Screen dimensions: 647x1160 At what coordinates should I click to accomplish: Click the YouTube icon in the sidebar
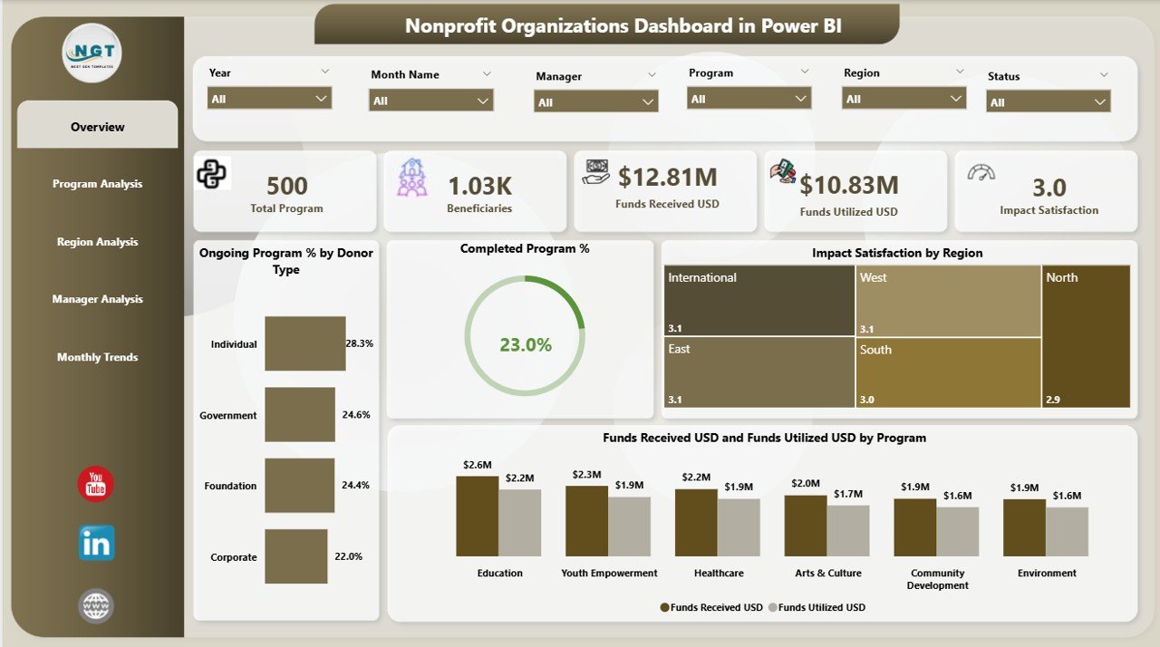coord(95,485)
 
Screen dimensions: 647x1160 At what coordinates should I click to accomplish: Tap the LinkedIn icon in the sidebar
coord(96,543)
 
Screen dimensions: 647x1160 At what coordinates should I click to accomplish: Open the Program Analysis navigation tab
coord(97,184)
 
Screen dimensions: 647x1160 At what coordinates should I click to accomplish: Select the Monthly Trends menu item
coord(97,357)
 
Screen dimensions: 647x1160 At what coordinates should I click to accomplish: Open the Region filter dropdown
coord(904,99)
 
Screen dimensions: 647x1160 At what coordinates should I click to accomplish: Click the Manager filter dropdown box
coord(596,102)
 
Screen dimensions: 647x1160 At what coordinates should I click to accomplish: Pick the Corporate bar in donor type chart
coord(295,556)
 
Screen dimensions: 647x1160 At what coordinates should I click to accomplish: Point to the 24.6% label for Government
coord(355,415)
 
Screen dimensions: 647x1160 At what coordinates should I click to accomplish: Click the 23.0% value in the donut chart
coord(525,344)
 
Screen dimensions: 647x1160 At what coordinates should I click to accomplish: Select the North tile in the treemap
coord(1086,336)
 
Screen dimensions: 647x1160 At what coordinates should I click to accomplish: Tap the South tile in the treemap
coord(948,372)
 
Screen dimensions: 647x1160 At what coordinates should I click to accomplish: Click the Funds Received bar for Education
coord(477,516)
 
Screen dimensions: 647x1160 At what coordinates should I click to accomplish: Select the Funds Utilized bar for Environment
coord(1067,531)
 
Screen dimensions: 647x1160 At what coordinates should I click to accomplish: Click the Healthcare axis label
coord(719,573)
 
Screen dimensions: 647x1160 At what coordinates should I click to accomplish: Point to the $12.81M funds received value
coord(667,178)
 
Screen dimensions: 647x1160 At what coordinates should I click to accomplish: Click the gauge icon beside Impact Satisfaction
coord(981,173)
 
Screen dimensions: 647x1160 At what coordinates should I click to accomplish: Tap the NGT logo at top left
coord(92,53)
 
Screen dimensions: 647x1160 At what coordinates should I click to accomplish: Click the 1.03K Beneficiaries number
coord(480,186)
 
